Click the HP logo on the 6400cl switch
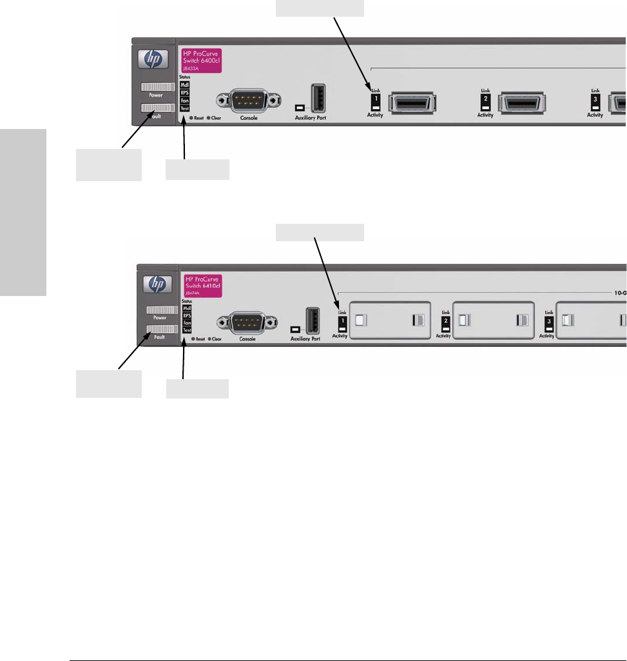pyautogui.click(x=155, y=59)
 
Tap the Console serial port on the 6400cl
pyautogui.click(x=249, y=100)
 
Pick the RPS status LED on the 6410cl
pyautogui.click(x=187, y=316)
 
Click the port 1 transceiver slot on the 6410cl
pyautogui.click(x=389, y=320)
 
